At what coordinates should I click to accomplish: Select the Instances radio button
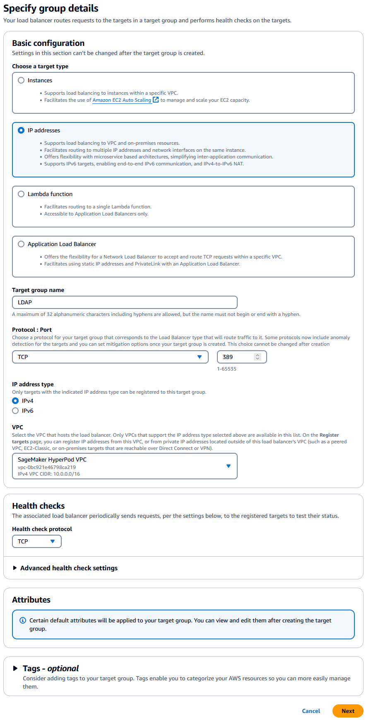[x=21, y=80]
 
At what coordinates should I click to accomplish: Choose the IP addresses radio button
[x=21, y=130]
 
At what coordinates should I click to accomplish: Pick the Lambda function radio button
[x=21, y=194]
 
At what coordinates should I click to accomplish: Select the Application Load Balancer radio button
[x=21, y=244]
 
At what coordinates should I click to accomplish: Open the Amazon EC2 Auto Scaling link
[x=122, y=100]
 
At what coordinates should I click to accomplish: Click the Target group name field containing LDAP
[x=124, y=302]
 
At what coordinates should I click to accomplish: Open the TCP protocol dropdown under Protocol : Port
[x=110, y=357]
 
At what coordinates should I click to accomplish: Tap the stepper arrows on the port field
[x=258, y=357]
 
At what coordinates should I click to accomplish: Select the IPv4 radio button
[x=15, y=401]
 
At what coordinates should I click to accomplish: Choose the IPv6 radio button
[x=15, y=411]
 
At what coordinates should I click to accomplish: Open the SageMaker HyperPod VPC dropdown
[x=125, y=466]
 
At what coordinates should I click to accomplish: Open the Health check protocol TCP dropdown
[x=36, y=541]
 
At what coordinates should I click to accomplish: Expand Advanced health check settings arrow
[x=15, y=568]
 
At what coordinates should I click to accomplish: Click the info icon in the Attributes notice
[x=23, y=620]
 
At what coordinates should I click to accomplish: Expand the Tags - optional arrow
[x=15, y=668]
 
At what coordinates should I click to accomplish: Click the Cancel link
[x=311, y=711]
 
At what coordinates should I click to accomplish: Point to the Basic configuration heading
[x=48, y=43]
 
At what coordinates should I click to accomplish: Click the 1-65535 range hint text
[x=226, y=369]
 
